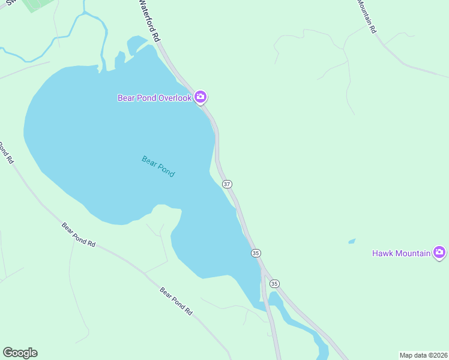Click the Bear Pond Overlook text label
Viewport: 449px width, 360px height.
click(154, 98)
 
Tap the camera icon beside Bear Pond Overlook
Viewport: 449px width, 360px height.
click(200, 97)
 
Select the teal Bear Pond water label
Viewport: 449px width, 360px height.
click(158, 166)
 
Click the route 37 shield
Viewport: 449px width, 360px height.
click(227, 184)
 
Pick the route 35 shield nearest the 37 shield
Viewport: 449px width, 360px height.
click(256, 253)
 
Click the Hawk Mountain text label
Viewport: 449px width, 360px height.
click(401, 253)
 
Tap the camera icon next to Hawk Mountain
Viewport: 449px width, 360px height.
click(439, 253)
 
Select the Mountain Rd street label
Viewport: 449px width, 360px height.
click(367, 16)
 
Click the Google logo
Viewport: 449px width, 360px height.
click(20, 353)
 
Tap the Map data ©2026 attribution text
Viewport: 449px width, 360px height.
click(423, 355)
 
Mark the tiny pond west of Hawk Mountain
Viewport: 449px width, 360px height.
click(352, 241)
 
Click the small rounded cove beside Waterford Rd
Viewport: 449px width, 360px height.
click(136, 44)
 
